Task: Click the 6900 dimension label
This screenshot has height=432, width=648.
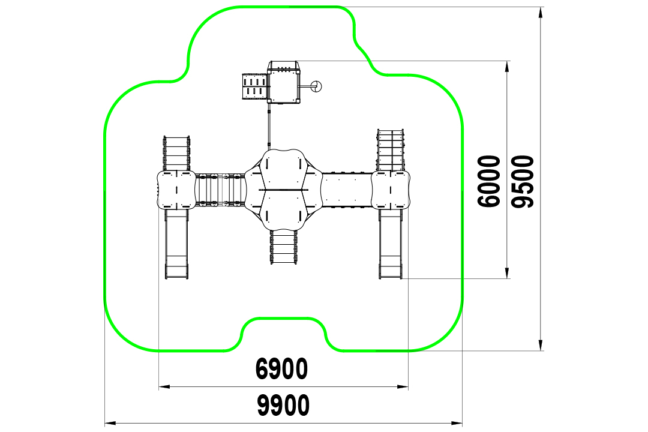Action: click(x=282, y=369)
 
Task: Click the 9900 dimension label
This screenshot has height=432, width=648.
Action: click(x=283, y=405)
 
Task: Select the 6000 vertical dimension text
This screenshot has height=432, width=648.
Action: click(x=488, y=181)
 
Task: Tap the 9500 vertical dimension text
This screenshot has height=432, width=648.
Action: click(x=523, y=181)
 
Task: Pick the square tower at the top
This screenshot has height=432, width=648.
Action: click(x=283, y=82)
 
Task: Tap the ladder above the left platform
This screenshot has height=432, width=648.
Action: click(x=176, y=153)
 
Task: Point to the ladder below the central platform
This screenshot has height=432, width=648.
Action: click(x=283, y=247)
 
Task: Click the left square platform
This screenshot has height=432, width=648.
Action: click(x=176, y=190)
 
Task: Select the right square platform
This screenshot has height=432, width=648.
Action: click(x=391, y=190)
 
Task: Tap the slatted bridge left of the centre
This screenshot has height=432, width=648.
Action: click(x=220, y=190)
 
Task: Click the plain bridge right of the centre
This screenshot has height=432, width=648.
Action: click(x=347, y=190)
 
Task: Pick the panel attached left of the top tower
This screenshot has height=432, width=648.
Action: click(x=254, y=86)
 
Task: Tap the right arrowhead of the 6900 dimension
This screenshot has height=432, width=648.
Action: click(x=403, y=387)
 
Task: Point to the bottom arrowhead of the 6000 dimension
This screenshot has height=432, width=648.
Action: click(x=507, y=273)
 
